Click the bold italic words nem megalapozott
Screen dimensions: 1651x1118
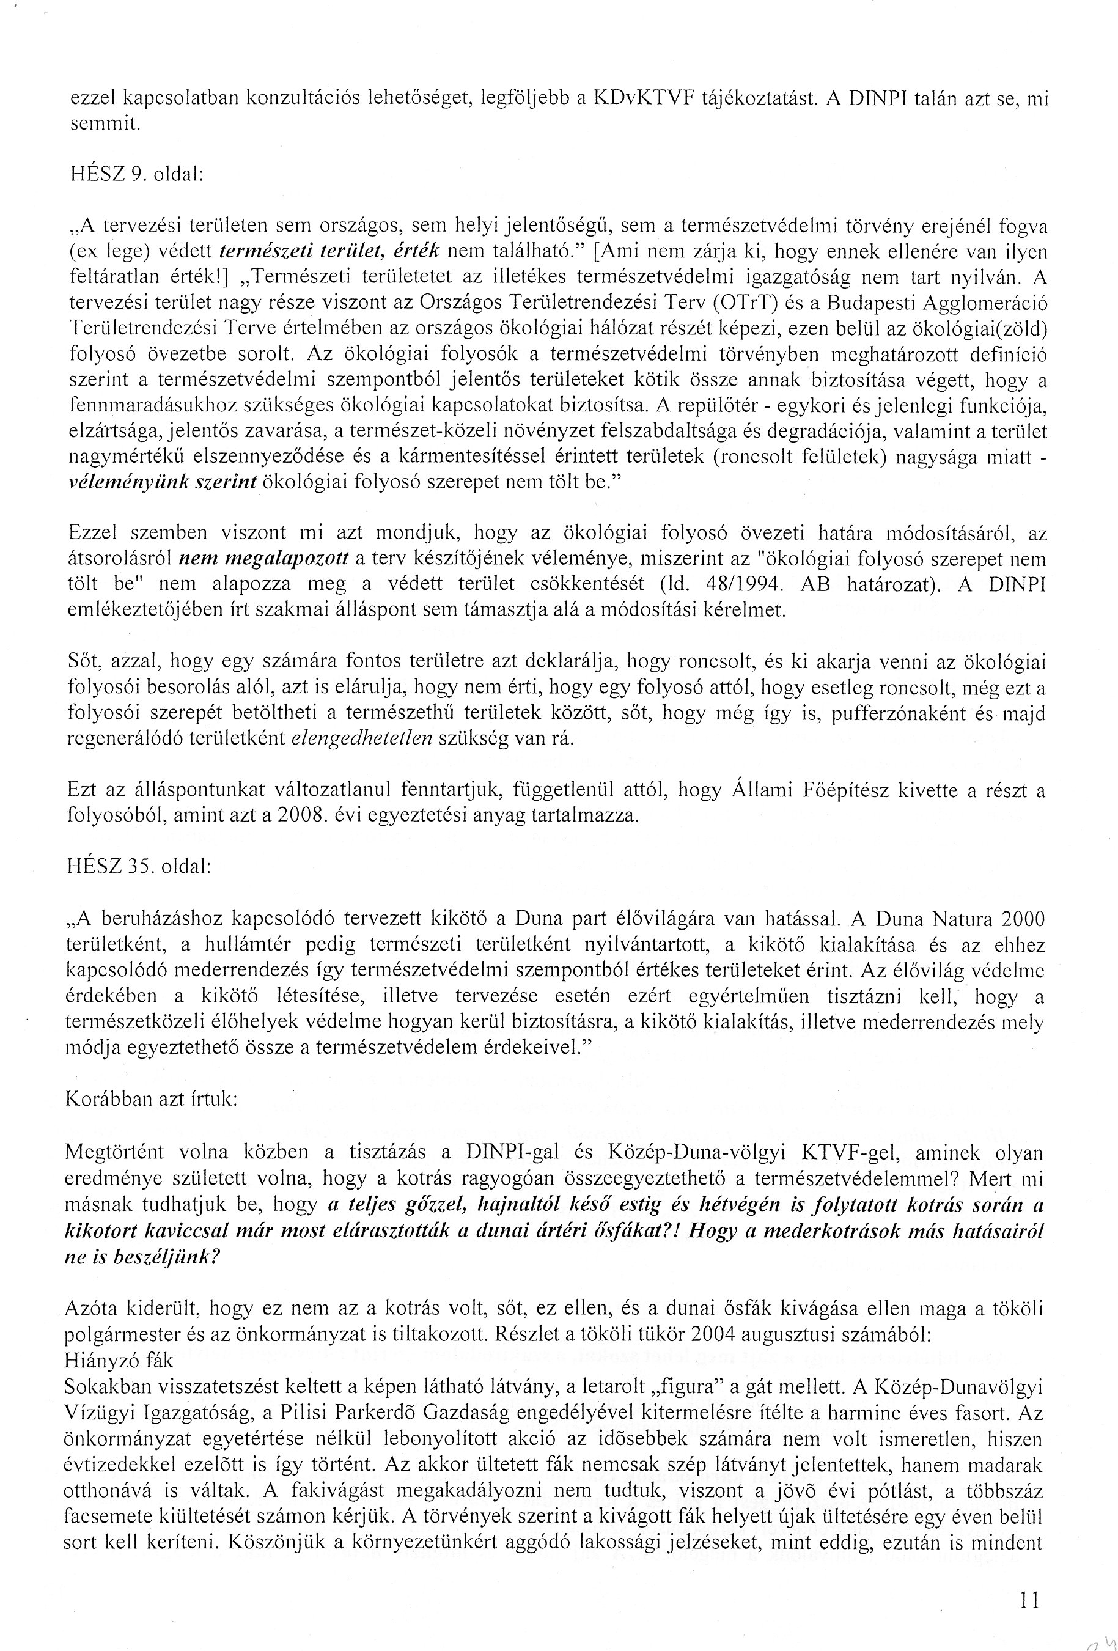263,559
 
